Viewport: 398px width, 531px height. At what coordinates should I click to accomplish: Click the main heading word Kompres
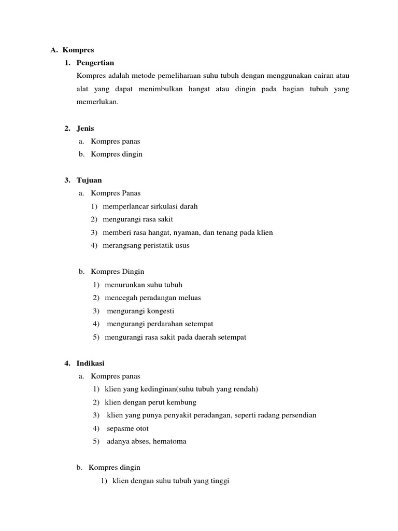(78, 50)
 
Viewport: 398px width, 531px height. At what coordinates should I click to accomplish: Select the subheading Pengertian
(95, 63)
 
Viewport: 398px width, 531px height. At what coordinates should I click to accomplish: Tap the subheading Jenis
(86, 128)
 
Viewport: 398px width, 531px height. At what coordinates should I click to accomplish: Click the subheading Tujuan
(89, 180)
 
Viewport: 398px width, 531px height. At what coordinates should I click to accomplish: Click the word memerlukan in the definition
(96, 102)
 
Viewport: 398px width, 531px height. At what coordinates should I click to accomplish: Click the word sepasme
(120, 429)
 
